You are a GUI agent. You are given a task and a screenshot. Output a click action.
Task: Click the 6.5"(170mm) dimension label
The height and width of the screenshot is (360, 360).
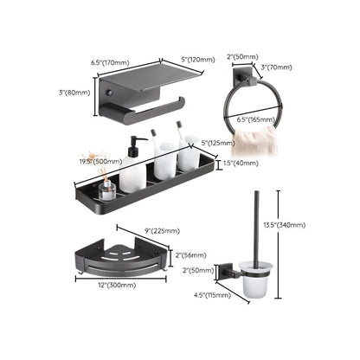(109, 62)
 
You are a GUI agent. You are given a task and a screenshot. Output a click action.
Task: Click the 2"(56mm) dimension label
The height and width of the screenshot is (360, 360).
(192, 254)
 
